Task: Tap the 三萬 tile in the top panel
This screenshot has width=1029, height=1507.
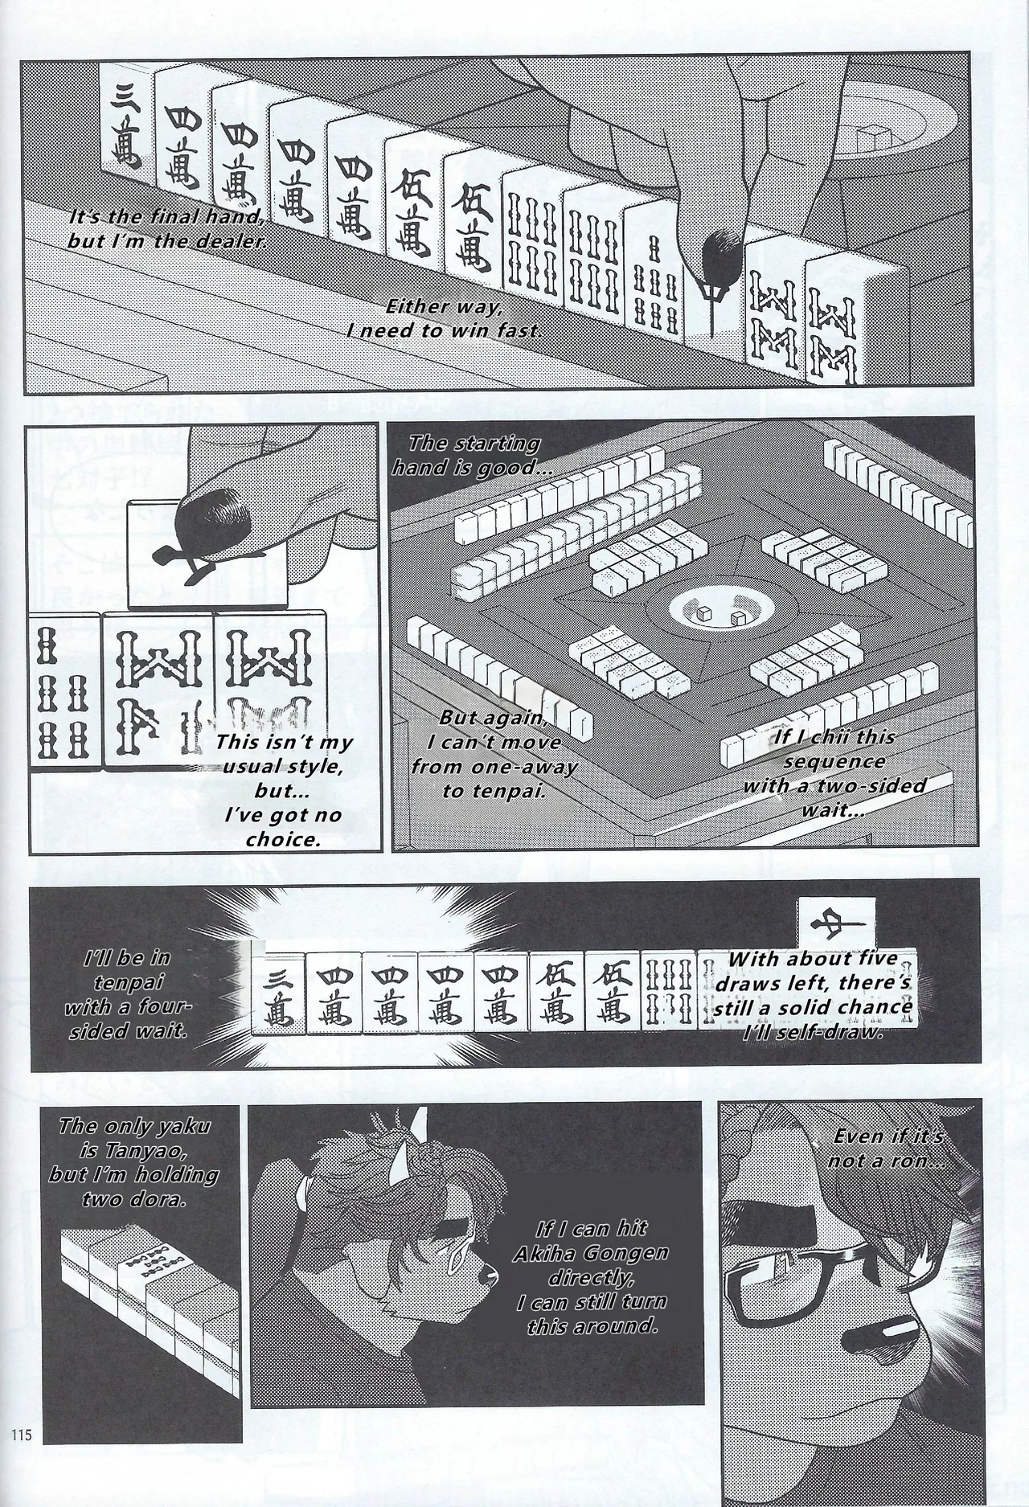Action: click(125, 125)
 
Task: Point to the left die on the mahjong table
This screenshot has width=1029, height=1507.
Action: click(705, 615)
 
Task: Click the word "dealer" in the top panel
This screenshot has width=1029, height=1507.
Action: click(228, 240)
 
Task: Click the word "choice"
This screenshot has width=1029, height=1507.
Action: click(281, 839)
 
